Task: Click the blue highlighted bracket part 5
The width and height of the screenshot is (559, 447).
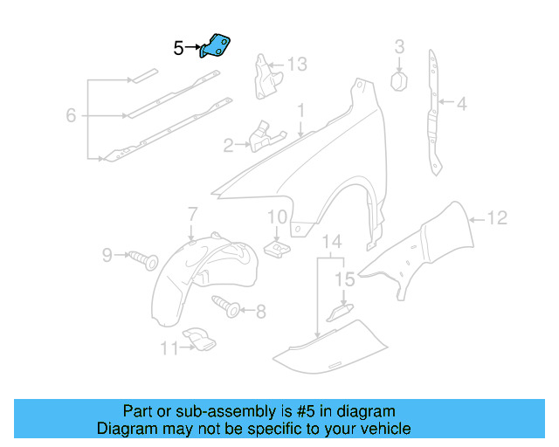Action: click(x=215, y=45)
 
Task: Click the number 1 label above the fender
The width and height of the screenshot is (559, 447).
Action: click(x=300, y=112)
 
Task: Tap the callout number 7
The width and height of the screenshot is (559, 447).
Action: click(x=192, y=214)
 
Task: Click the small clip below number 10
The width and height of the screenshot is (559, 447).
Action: click(x=278, y=249)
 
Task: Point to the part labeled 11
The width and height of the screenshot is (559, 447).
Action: click(x=197, y=340)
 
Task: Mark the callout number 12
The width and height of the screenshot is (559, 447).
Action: click(x=496, y=219)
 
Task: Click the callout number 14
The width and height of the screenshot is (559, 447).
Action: click(x=332, y=242)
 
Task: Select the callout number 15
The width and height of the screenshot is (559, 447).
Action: click(x=345, y=280)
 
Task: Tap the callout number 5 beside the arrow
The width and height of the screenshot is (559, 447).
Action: click(x=178, y=49)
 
